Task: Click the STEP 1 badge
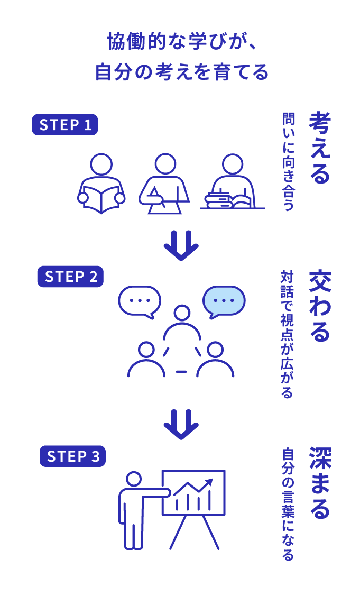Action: click(65, 125)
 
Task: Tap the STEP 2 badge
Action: click(70, 277)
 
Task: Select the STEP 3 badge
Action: click(72, 456)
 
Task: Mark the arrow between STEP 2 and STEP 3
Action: click(181, 424)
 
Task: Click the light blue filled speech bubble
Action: click(224, 300)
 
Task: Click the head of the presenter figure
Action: click(134, 480)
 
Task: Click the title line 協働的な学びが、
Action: click(180, 41)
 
